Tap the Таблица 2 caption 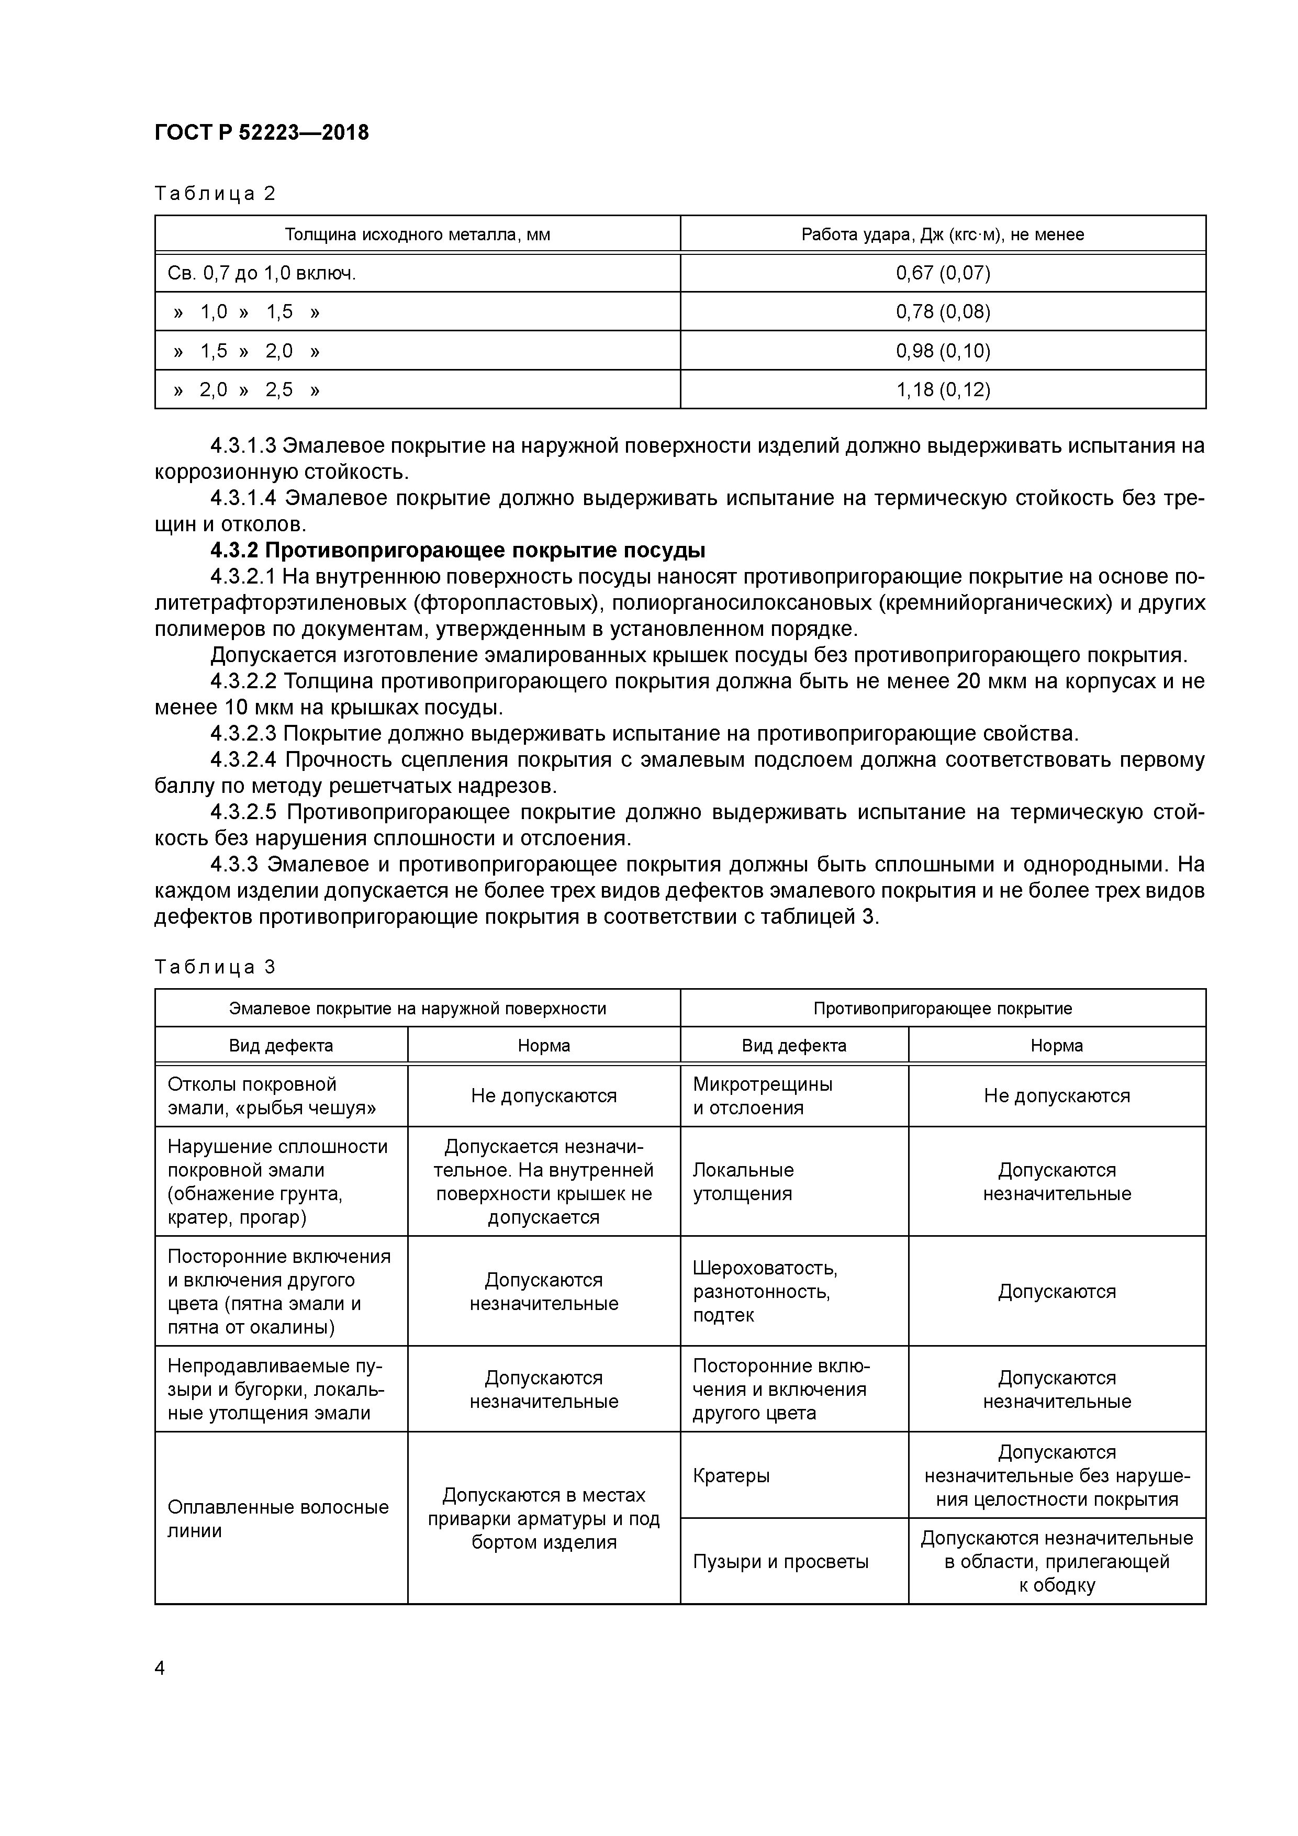click(215, 194)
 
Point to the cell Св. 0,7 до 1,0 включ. click(262, 274)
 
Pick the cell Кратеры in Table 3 click(731, 1475)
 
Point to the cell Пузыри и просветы click(780, 1562)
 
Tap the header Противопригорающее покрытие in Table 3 click(942, 1009)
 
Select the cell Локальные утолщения click(743, 1181)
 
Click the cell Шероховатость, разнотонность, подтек click(765, 1292)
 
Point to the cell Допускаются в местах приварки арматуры click(543, 1518)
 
